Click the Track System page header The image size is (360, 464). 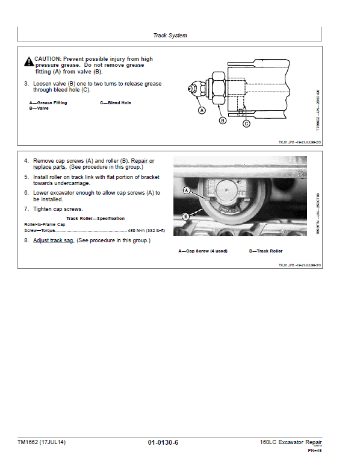pos(170,36)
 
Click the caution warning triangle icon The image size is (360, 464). pos(28,61)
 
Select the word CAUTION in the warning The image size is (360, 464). pos(48,59)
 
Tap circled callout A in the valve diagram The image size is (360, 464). pos(202,111)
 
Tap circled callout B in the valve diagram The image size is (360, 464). pos(222,121)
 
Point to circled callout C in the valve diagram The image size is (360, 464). pos(246,124)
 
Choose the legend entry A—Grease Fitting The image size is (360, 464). pos(48,103)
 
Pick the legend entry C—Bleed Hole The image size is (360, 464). pos(115,103)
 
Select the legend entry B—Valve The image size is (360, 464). pos(39,108)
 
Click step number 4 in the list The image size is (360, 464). pos(26,161)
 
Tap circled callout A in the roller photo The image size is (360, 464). pos(186,190)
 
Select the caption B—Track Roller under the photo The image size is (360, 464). pos(265,251)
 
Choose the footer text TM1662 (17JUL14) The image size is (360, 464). pos(42,442)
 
